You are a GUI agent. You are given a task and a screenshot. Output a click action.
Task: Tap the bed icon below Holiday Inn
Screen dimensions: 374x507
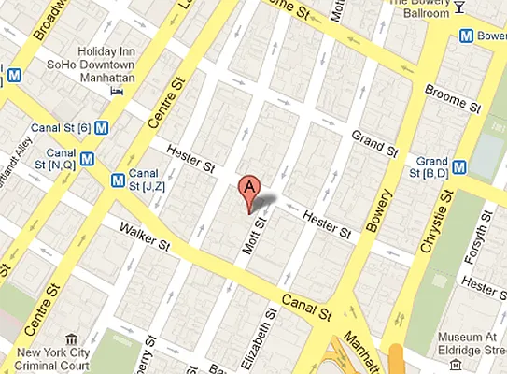point(117,92)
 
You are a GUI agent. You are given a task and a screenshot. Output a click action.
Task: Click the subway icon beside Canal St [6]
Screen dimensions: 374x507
point(100,128)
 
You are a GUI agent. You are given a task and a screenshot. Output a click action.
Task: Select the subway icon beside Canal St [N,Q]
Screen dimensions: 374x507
point(87,158)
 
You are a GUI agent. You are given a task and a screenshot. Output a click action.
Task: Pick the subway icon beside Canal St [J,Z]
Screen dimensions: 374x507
point(119,180)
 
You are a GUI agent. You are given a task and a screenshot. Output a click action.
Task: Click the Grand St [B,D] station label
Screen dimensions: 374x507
point(436,166)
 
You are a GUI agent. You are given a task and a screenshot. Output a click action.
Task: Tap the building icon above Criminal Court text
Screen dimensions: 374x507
point(69,340)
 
